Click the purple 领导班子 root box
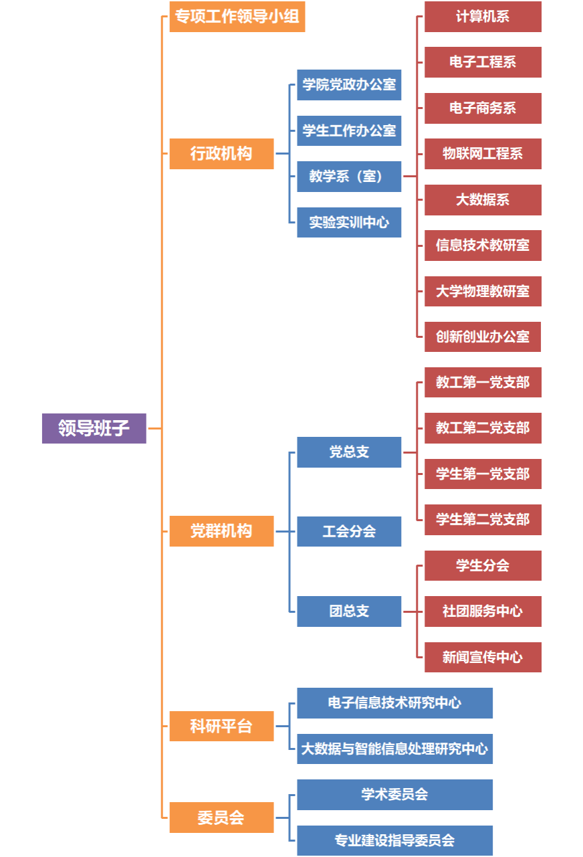[94, 428]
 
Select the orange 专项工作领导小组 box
[237, 17]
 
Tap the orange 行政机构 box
[221, 154]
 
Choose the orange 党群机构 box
[221, 531]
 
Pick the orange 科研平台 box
[221, 726]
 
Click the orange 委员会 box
[221, 818]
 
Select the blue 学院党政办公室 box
[349, 85]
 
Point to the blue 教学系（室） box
[349, 177]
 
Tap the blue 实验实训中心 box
[349, 222]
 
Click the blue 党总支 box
[349, 452]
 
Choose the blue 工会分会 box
[349, 532]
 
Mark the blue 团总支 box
[349, 611]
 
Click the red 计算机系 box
[483, 17]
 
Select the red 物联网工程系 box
[483, 154]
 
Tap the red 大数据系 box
[483, 200]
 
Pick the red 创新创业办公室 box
[483, 337]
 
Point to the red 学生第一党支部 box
[483, 474]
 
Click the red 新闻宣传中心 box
[483, 657]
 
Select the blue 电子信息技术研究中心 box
[394, 703]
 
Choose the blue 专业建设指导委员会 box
[394, 840]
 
